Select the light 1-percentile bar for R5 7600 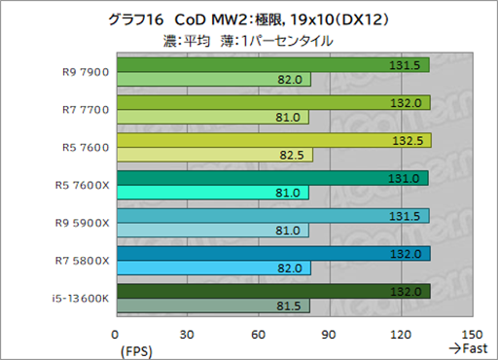click(x=214, y=155)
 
